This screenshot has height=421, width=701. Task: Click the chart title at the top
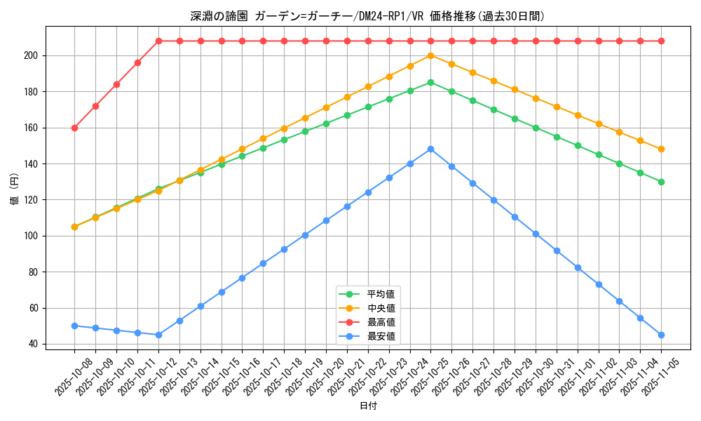coord(367,16)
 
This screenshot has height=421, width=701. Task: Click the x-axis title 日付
coord(368,406)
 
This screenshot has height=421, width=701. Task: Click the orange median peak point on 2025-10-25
coord(430,55)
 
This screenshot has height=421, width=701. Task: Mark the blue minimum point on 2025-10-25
coord(430,149)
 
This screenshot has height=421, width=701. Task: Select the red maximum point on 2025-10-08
coord(74,128)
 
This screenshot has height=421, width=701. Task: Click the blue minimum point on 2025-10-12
coord(158,335)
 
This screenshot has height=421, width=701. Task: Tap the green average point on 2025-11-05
coord(661,182)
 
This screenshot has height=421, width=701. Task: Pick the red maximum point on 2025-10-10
coord(116,84)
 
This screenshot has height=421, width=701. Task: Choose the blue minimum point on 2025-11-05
coord(661,335)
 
